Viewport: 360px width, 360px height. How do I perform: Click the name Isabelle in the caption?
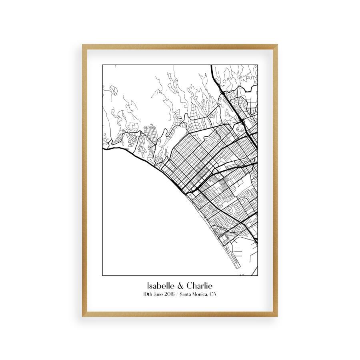[160, 286]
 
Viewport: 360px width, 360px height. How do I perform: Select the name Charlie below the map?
[200, 286]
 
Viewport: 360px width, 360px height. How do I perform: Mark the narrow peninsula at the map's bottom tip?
[235, 264]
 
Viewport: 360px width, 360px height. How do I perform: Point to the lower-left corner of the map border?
[103, 276]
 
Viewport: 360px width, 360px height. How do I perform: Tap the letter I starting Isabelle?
[148, 286]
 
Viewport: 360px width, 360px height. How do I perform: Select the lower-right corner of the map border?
[258, 276]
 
